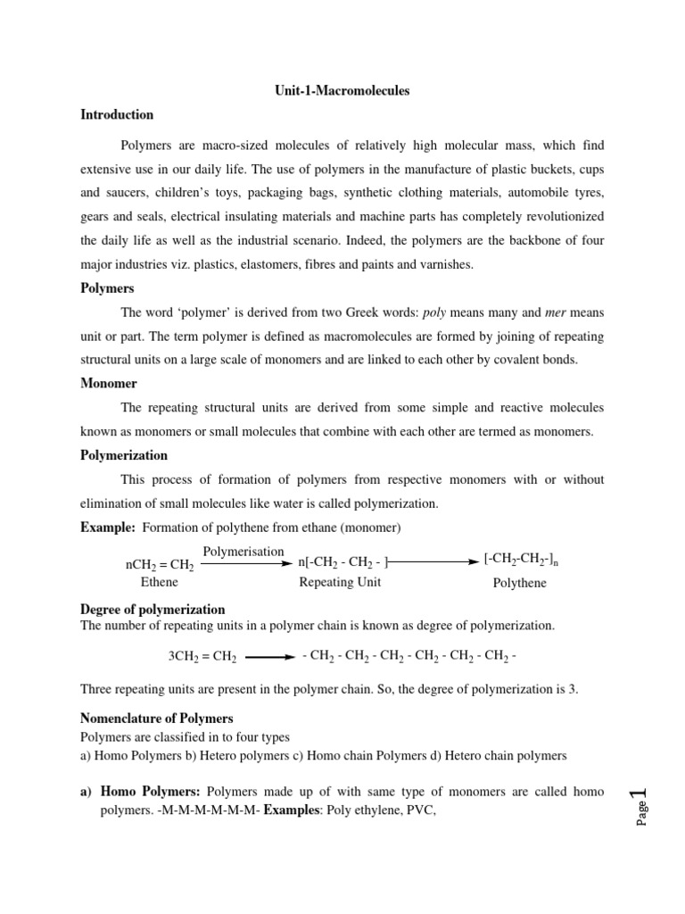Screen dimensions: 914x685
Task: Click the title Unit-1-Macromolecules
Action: [342, 91]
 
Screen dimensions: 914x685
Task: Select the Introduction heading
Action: [117, 115]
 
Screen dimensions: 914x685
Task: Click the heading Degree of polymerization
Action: [153, 610]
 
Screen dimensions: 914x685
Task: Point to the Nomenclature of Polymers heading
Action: [157, 719]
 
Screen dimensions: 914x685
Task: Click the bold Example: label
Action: [108, 528]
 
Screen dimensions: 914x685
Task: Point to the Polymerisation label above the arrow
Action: [243, 552]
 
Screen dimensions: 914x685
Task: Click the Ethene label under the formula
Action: [160, 582]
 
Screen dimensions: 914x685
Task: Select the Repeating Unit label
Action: [340, 582]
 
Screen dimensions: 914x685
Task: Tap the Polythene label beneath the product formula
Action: [520, 583]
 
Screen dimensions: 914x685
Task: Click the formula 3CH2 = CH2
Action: [202, 657]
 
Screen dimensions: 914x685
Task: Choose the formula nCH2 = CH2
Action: [160, 565]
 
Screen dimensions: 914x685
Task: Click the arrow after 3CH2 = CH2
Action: [269, 657]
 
